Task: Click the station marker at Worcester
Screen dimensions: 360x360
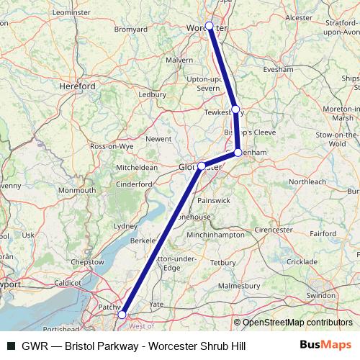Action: pyautogui.click(x=210, y=26)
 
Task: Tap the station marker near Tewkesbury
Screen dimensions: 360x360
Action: pyautogui.click(x=235, y=109)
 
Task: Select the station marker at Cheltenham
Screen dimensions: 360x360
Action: pyautogui.click(x=238, y=152)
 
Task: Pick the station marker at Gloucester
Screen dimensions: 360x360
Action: pyautogui.click(x=202, y=166)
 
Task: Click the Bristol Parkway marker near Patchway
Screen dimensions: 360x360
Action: pyautogui.click(x=122, y=315)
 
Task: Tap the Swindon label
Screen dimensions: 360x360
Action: pyautogui.click(x=320, y=296)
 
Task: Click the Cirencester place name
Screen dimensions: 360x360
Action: pyautogui.click(x=274, y=230)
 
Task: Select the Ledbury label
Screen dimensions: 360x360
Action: pyautogui.click(x=153, y=94)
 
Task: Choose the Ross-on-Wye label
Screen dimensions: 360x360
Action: pyautogui.click(x=112, y=145)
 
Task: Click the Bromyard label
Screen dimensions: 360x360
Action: pyautogui.click(x=130, y=30)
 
